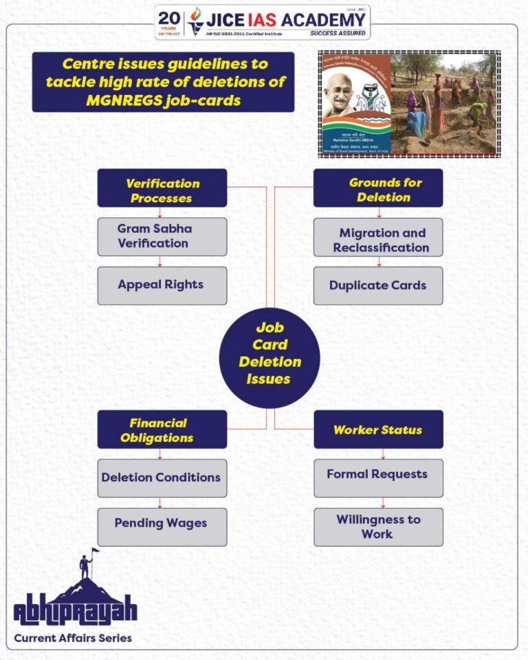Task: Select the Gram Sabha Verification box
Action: tap(162, 236)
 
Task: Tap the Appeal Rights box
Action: tap(162, 285)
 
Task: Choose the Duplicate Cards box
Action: tap(378, 285)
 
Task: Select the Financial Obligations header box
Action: tap(162, 430)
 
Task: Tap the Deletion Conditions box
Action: tap(162, 478)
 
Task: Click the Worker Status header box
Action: tap(378, 430)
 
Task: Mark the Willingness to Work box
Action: tap(378, 527)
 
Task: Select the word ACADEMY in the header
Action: tap(331, 19)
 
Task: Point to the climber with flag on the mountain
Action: tap(86, 564)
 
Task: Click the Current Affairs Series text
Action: tap(73, 637)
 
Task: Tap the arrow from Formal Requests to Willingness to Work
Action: tap(383, 503)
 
